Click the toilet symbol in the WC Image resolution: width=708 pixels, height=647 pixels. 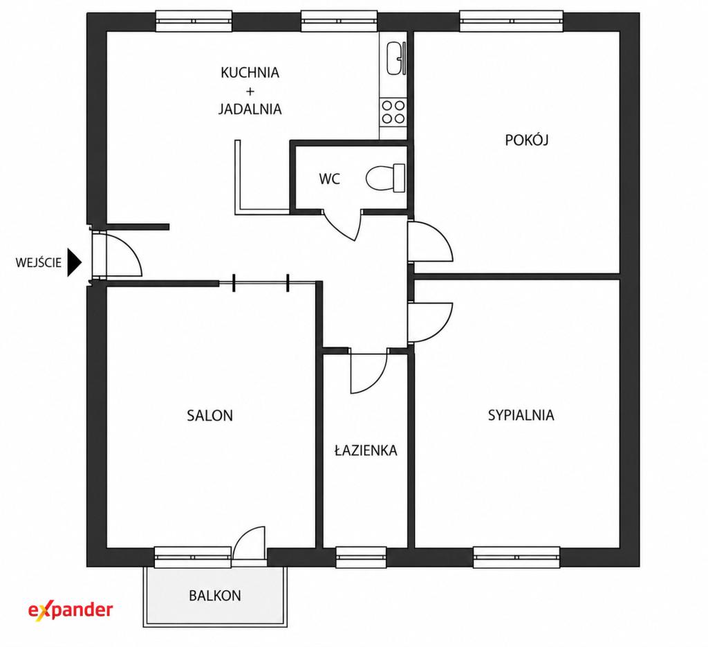386,178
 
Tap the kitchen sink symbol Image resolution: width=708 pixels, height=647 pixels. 396,58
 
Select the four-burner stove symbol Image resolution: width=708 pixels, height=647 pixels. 393,112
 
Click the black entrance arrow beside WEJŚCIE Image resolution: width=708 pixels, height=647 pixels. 75,262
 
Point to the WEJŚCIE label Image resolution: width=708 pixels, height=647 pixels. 39,262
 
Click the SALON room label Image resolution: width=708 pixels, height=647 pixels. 210,416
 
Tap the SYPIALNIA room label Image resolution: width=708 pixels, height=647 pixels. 521,415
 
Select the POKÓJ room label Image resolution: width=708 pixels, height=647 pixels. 526,140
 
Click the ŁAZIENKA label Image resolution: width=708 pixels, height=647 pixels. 366,450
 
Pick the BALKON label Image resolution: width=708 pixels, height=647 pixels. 215,596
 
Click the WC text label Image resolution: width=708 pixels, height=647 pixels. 330,179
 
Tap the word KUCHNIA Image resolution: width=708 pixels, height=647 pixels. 250,72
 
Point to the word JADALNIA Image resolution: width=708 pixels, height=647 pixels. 250,109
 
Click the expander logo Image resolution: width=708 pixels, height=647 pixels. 71,610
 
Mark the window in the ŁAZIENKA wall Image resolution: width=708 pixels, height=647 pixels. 361,557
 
